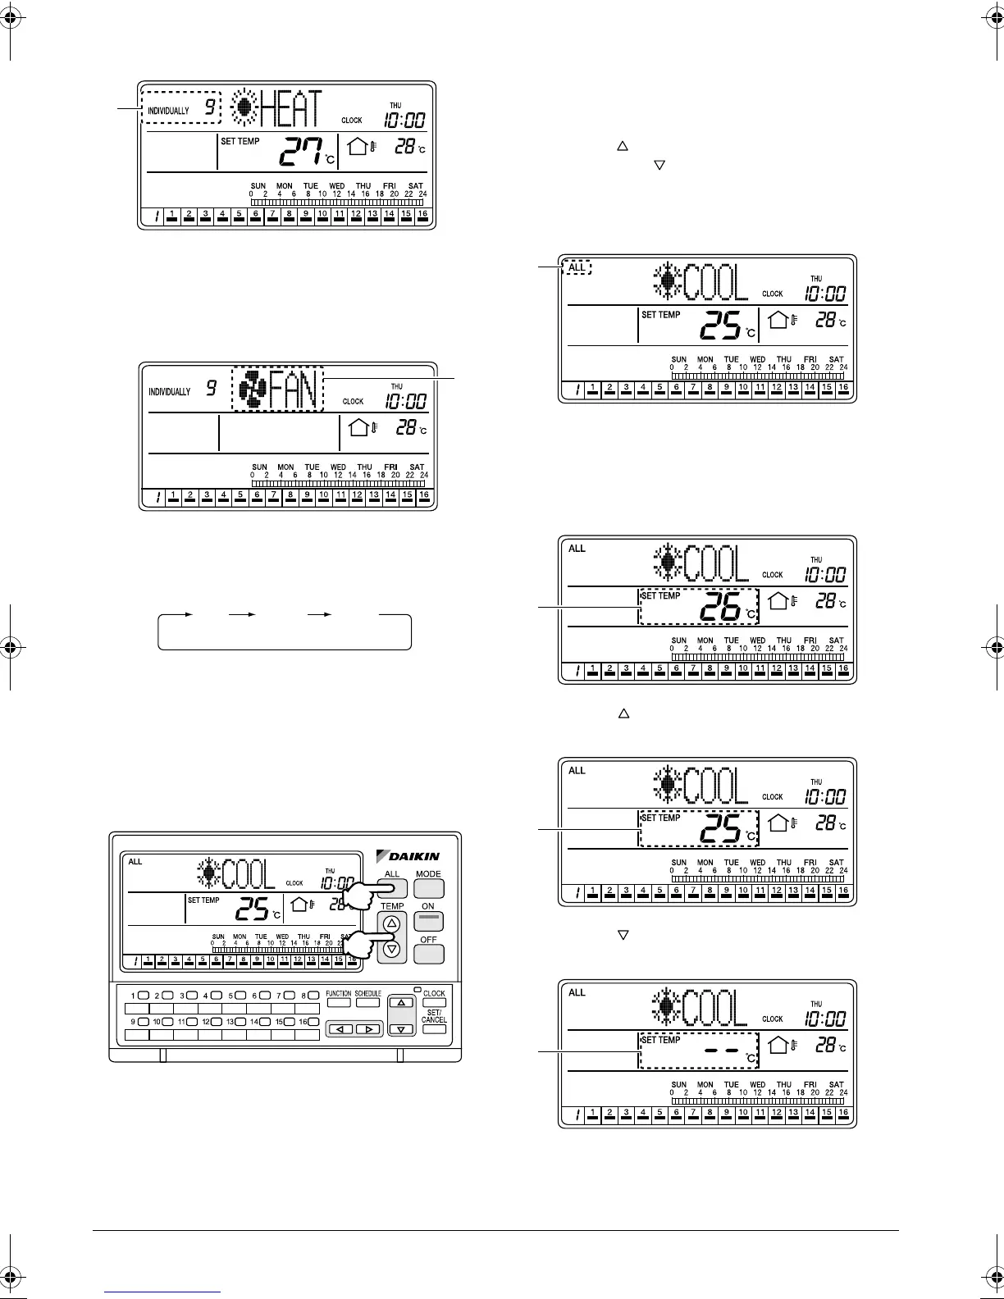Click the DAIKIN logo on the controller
[x=408, y=856]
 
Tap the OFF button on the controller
[x=428, y=954]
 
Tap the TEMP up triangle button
[x=391, y=923]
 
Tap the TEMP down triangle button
[x=391, y=949]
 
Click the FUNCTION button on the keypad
[x=338, y=1002]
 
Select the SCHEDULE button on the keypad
[x=367, y=1002]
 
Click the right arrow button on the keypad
[x=368, y=1028]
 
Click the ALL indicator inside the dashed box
[x=577, y=267]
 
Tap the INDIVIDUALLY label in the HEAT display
[x=168, y=111]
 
